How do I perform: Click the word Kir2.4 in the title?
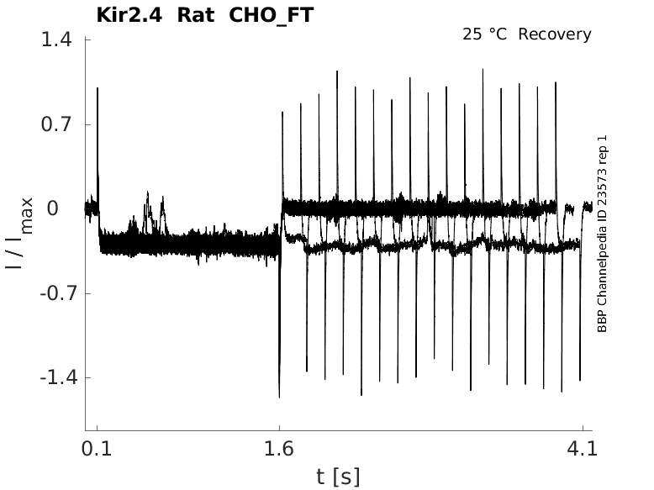[x=125, y=15]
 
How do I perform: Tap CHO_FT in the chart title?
[x=271, y=15]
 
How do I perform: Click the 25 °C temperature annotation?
[x=487, y=34]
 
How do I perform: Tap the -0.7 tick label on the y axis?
[x=54, y=293]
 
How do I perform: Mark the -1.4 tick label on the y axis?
[x=54, y=377]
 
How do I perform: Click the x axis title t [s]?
[x=338, y=477]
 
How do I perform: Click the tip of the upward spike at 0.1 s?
[x=98, y=87]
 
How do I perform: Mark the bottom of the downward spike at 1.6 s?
[x=279, y=396]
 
